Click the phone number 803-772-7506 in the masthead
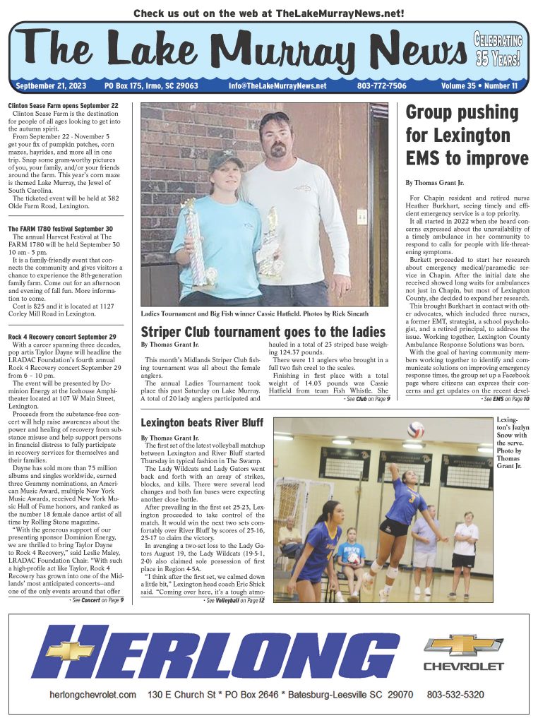coord(381,85)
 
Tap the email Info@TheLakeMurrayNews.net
coord(277,85)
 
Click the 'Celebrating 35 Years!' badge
coord(498,49)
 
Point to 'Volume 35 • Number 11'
coord(479,85)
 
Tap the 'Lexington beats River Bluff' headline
coord(192,423)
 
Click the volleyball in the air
coord(417,429)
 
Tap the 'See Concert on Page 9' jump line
coord(97,600)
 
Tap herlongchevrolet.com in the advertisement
coord(92,695)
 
